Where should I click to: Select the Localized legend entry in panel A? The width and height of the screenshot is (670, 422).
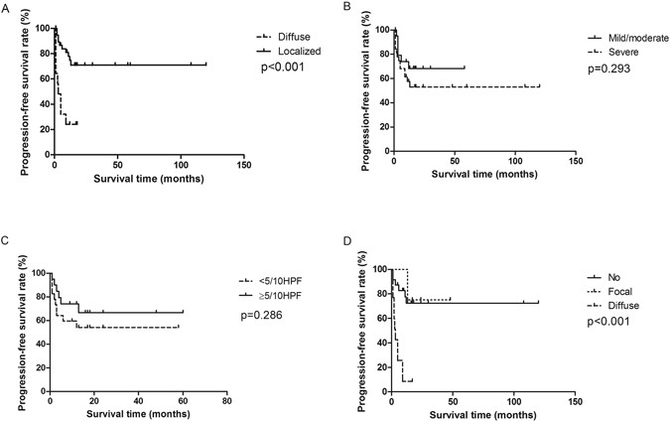(284, 49)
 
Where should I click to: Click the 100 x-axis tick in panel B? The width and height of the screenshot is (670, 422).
(515, 164)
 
